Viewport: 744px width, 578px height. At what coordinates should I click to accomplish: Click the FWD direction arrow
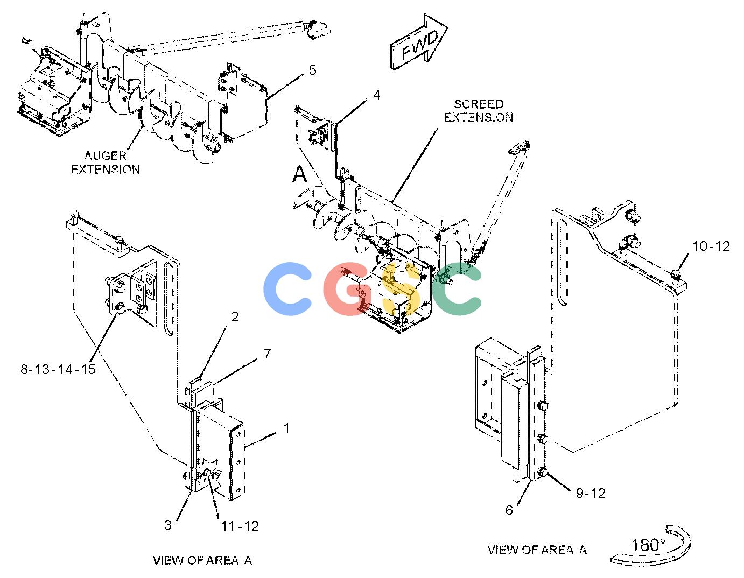(419, 43)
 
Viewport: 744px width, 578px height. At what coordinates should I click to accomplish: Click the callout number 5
(312, 70)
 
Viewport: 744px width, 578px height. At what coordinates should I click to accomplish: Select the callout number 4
(377, 95)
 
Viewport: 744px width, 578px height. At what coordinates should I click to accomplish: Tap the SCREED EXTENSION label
(479, 110)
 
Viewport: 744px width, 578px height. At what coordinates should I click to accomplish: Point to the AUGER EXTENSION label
(106, 163)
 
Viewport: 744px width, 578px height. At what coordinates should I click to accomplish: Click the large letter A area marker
(299, 174)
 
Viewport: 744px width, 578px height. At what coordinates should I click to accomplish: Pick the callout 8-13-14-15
(58, 369)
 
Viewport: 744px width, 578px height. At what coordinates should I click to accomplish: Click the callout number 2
(235, 317)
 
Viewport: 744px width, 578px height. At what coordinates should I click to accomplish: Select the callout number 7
(268, 353)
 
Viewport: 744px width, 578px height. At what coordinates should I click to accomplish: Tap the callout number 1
(286, 428)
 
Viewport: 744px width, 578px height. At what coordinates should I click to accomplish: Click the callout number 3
(168, 525)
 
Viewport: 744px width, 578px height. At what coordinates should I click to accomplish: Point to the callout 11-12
(240, 526)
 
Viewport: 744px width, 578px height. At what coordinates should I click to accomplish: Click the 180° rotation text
(648, 545)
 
